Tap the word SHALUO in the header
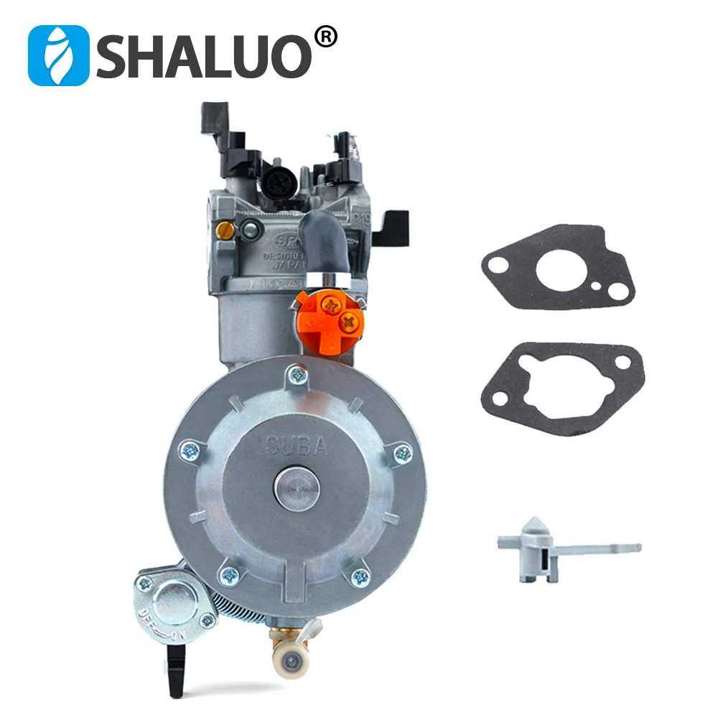coord(205,56)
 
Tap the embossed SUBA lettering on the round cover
coord(297,446)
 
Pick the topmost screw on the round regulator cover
coord(295,373)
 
